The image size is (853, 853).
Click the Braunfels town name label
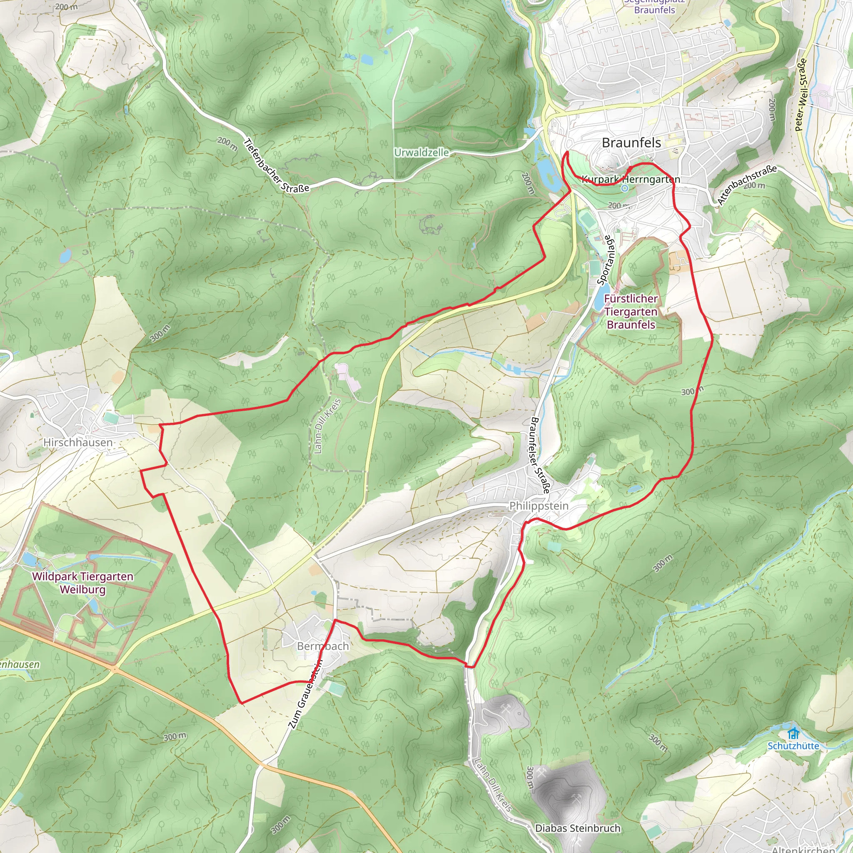click(631, 142)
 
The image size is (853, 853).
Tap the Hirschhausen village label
click(78, 442)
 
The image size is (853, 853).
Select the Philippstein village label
click(539, 506)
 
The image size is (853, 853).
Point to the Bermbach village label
click(323, 646)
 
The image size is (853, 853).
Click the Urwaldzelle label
click(421, 153)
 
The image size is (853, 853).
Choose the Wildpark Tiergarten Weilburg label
click(82, 583)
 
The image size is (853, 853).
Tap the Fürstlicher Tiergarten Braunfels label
click(631, 312)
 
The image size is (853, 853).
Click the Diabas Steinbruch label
click(578, 828)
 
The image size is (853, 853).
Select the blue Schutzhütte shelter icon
click(793, 734)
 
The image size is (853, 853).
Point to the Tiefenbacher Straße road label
click(277, 166)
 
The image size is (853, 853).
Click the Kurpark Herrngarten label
click(631, 179)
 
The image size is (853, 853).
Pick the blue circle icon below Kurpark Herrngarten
click(624, 189)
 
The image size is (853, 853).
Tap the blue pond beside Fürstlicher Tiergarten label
click(598, 302)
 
